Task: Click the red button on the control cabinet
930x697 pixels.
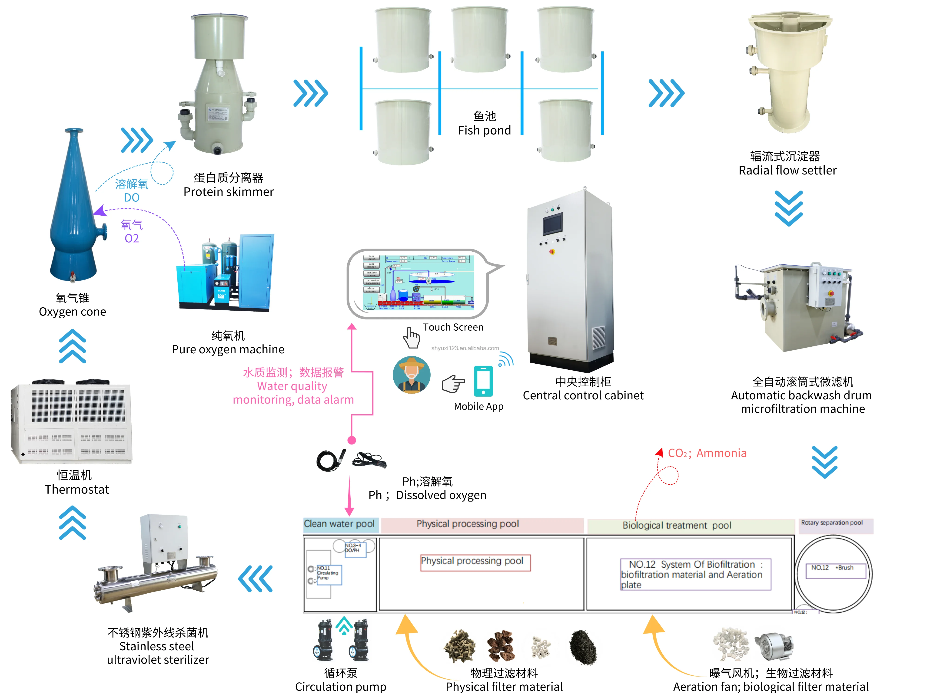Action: coord(552,252)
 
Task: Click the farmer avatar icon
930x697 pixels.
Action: coord(411,375)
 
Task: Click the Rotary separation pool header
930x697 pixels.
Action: coord(832,523)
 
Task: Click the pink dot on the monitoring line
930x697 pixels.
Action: coord(352,440)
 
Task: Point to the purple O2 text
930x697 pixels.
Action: coord(132,238)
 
